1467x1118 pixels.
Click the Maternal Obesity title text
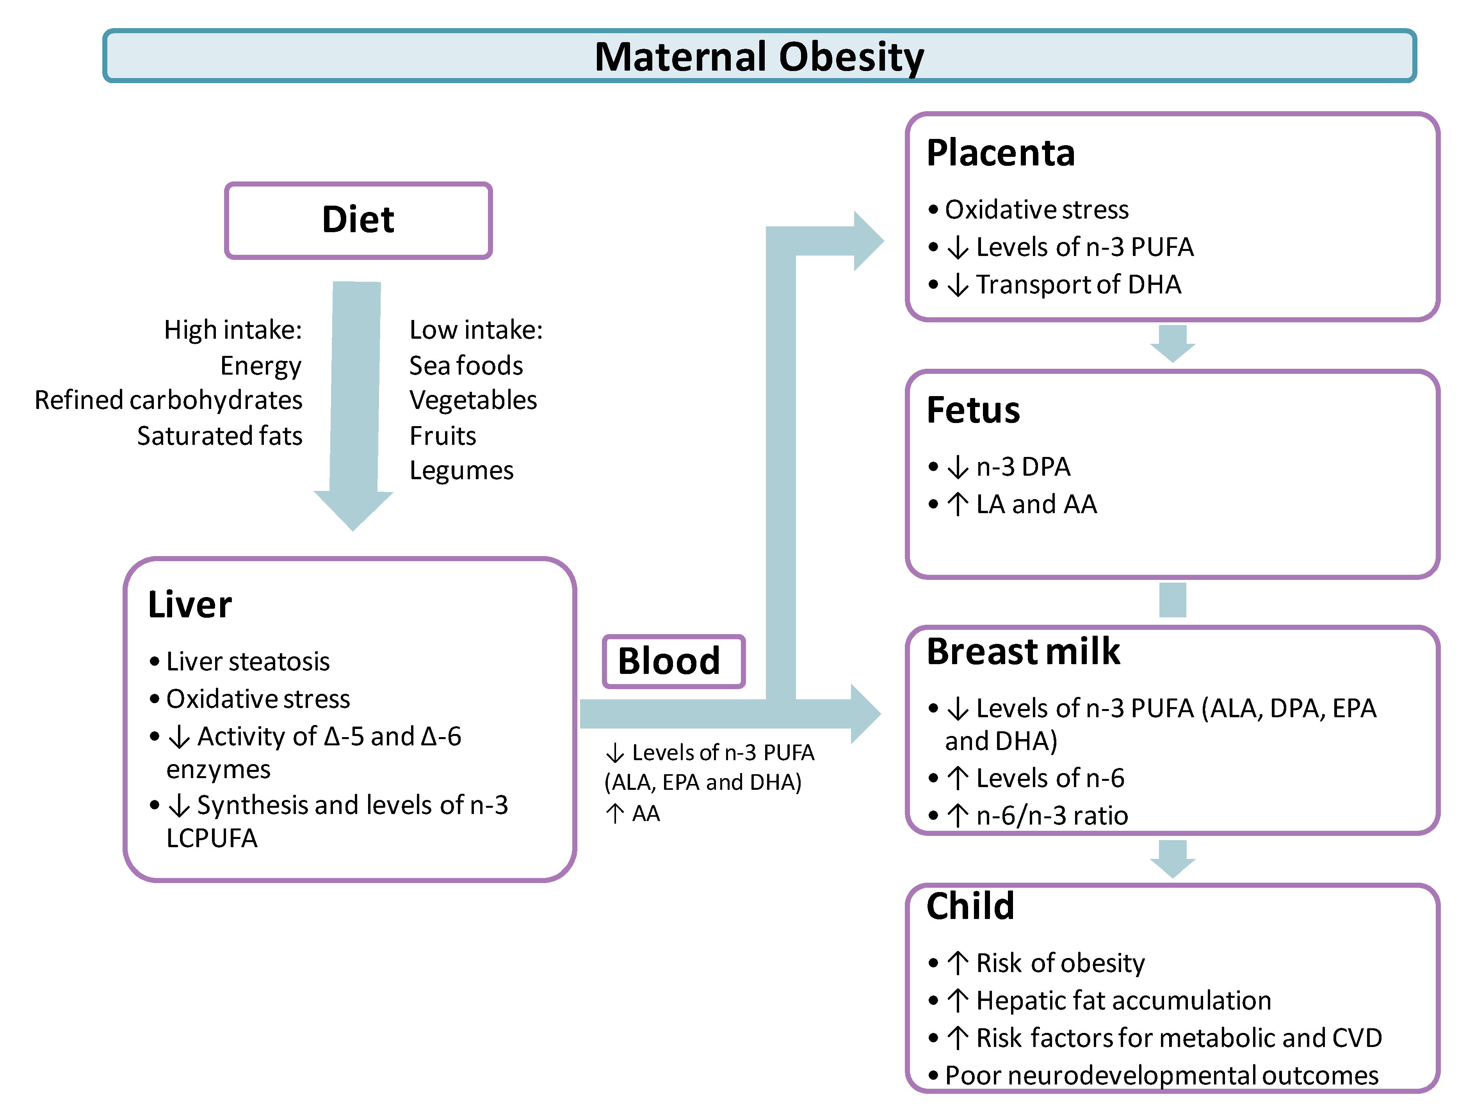pyautogui.click(x=759, y=57)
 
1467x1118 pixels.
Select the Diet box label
pyautogui.click(x=358, y=220)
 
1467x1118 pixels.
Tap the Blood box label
pyautogui.click(x=669, y=661)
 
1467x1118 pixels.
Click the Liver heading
pyautogui.click(x=190, y=605)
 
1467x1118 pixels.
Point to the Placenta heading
pyautogui.click(x=1001, y=153)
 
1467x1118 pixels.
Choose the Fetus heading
pyautogui.click(x=973, y=410)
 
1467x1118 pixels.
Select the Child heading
pyautogui.click(x=970, y=906)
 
